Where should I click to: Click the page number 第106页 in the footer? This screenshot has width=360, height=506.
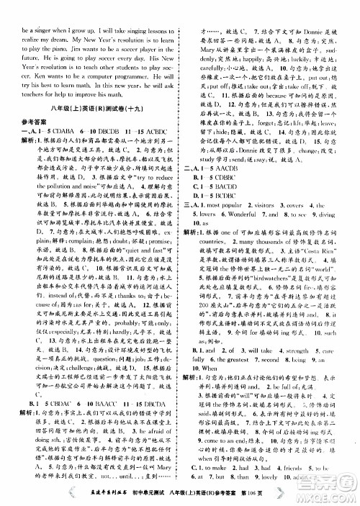click(325, 497)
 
